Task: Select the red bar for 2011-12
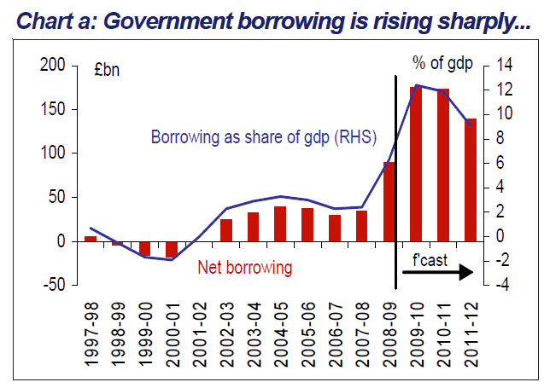pos(469,179)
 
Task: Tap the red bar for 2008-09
pos(390,201)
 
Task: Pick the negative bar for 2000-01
pos(172,249)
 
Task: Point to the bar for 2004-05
pos(279,223)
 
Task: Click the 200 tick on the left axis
pos(52,66)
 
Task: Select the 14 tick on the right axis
pos(497,66)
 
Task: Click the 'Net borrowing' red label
pos(245,267)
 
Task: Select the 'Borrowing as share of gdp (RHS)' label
pos(264,137)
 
